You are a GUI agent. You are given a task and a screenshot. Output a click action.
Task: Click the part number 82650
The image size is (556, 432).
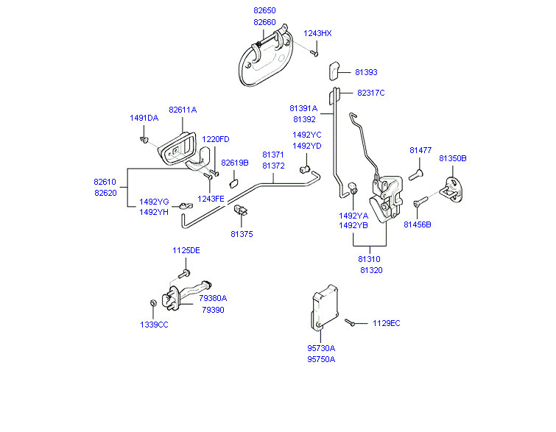264,12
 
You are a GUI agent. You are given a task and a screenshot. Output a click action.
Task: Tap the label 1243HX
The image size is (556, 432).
318,33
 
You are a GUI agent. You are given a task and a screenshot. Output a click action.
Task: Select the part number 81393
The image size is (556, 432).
366,72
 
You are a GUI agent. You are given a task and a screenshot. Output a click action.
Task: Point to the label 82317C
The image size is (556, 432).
371,93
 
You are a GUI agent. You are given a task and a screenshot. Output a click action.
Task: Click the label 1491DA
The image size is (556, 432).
144,118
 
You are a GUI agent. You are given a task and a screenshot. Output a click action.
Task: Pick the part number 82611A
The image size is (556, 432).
183,110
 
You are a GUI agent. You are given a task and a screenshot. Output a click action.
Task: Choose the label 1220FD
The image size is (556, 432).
216,139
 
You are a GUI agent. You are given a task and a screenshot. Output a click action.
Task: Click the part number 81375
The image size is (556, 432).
242,234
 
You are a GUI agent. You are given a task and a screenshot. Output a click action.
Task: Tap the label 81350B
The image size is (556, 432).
453,158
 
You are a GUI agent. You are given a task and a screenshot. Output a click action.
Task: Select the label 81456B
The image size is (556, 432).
418,224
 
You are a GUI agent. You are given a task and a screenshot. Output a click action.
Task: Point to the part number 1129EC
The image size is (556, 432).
386,323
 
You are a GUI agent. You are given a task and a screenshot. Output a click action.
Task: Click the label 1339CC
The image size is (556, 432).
154,325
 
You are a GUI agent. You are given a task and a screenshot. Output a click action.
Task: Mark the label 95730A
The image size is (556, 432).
321,348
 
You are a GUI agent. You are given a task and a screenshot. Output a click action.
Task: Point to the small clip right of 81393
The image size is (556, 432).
333,70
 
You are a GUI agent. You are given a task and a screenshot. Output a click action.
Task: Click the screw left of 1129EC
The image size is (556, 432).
351,322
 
